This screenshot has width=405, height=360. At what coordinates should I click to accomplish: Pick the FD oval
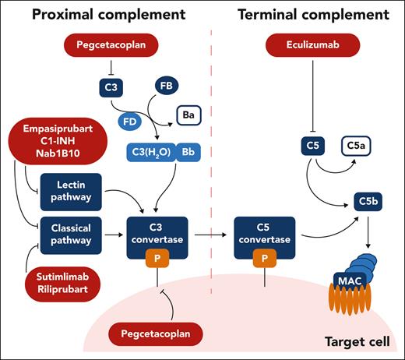(133, 121)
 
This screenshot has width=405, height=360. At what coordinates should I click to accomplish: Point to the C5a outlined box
(357, 145)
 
